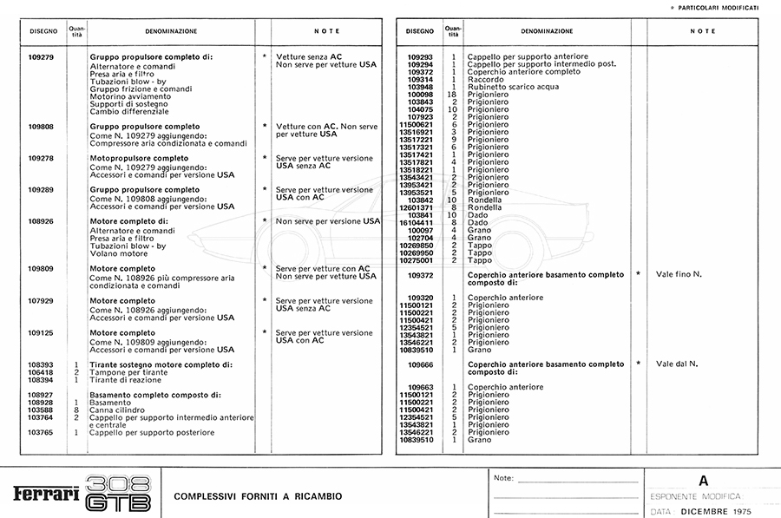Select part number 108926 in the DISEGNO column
pyautogui.click(x=41, y=221)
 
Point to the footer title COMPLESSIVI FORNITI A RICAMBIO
pyautogui.click(x=258, y=496)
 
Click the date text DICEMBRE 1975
pyautogui.click(x=721, y=512)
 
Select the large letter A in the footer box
pyautogui.click(x=703, y=480)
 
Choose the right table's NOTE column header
pyautogui.click(x=703, y=31)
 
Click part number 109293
pyautogui.click(x=420, y=56)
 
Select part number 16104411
pyautogui.click(x=416, y=222)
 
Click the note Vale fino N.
pyautogui.click(x=679, y=274)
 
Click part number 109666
pyautogui.click(x=420, y=364)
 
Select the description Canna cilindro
pyautogui.click(x=120, y=410)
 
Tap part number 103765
pyautogui.click(x=41, y=432)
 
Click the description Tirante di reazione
pyautogui.click(x=127, y=380)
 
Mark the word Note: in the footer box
pyautogui.click(x=503, y=478)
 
